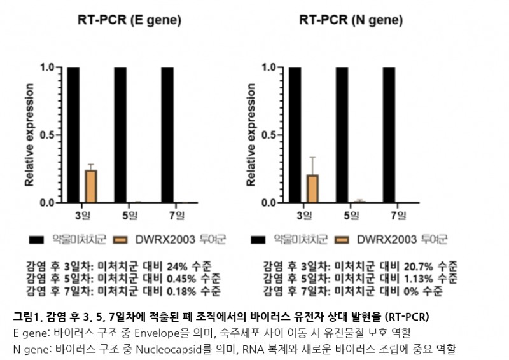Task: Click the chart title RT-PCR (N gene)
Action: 351,20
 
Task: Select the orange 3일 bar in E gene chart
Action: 91,186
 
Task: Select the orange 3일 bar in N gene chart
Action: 312,188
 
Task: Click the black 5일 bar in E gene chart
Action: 120,134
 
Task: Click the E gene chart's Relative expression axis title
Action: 28,135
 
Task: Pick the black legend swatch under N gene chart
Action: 258,240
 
